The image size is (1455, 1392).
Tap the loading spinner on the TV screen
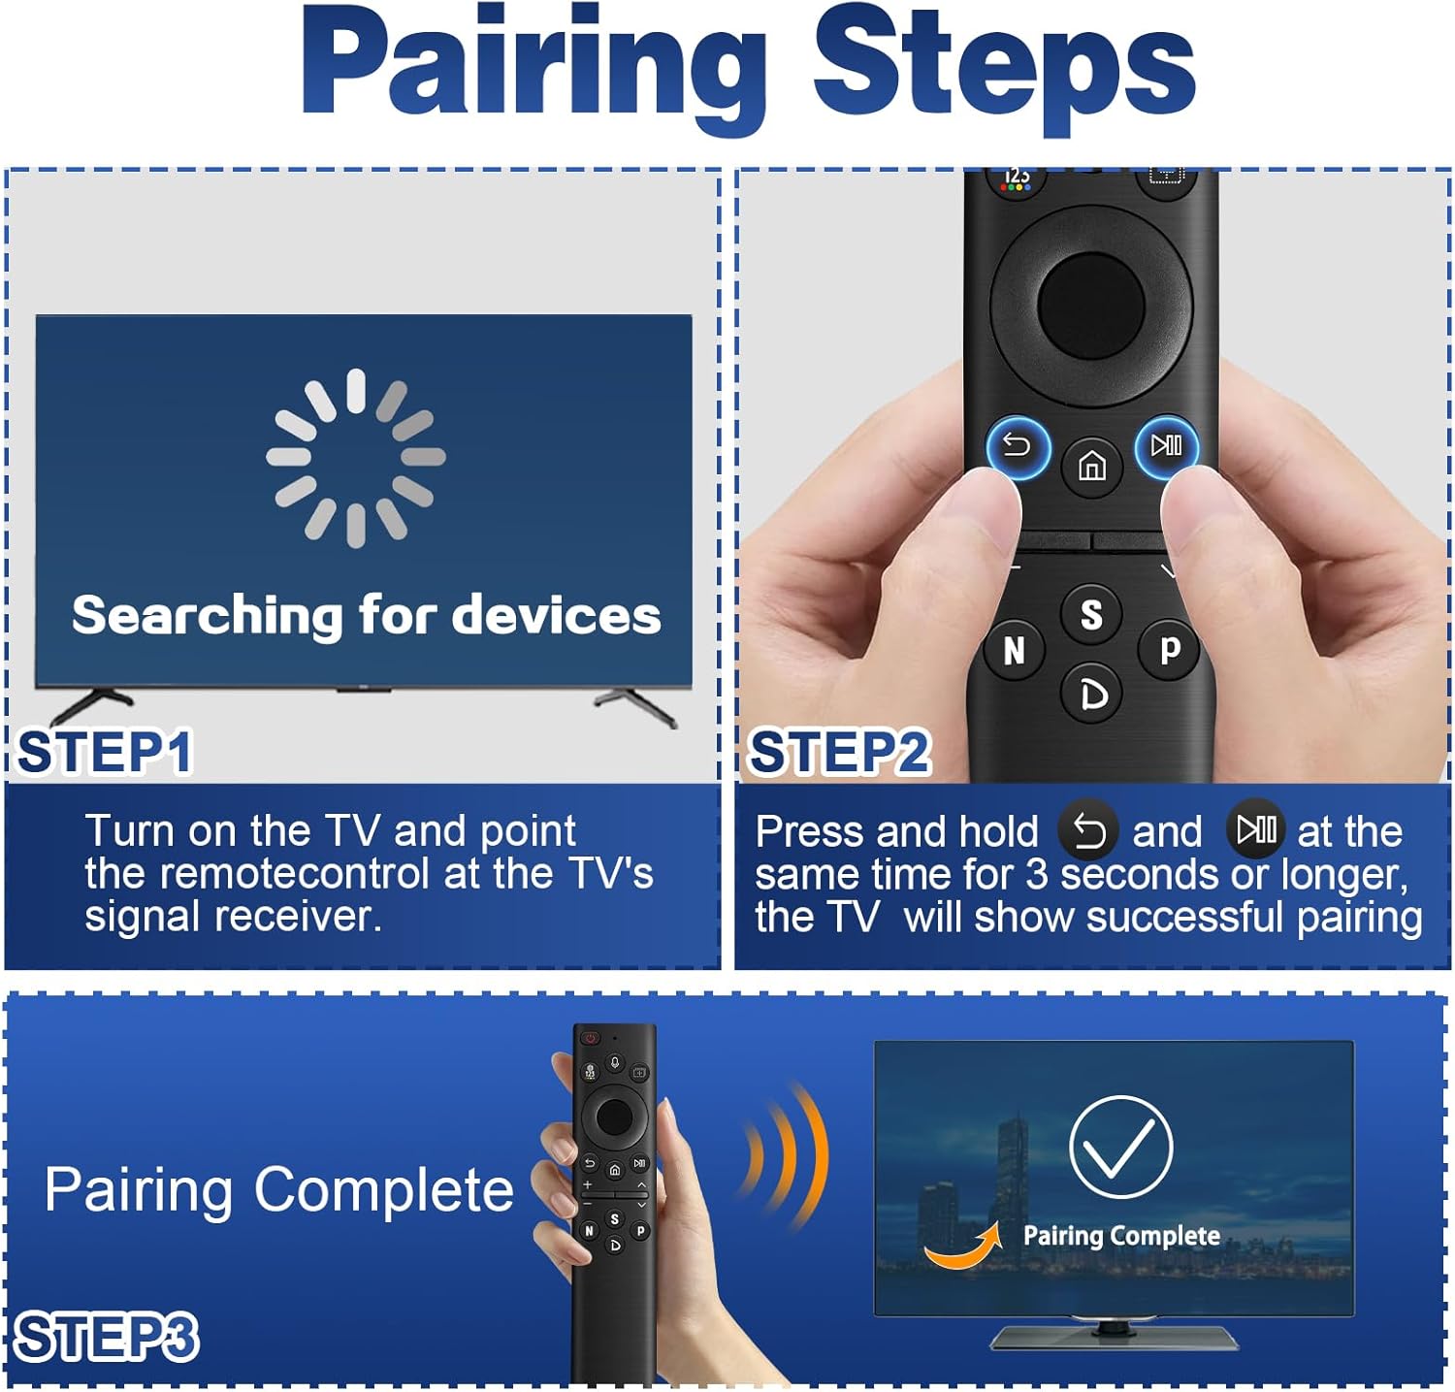tap(356, 457)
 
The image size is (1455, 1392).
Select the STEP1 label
tap(105, 753)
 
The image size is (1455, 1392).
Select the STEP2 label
tap(840, 753)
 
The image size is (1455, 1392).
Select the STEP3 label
tap(108, 1338)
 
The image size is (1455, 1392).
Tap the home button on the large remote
tap(1092, 467)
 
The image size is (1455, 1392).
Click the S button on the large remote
tap(1091, 614)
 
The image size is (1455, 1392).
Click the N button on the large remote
tap(1015, 650)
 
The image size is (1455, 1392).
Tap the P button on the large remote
tap(1170, 649)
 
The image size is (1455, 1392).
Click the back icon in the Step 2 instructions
tap(1088, 831)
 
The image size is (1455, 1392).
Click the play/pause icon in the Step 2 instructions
tap(1256, 829)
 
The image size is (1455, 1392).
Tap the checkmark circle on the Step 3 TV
tap(1121, 1147)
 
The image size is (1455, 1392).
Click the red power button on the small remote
tap(590, 1039)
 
